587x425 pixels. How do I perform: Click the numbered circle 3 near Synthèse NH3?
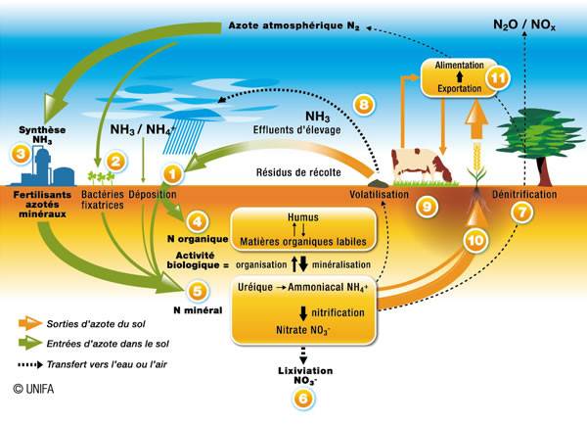click(20, 153)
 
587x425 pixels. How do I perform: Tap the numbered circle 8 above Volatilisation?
click(363, 104)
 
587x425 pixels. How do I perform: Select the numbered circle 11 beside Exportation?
click(498, 80)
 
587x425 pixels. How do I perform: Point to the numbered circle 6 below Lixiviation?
click(303, 398)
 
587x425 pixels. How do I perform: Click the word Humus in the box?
click(303, 217)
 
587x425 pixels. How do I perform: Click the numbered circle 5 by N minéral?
click(200, 291)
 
